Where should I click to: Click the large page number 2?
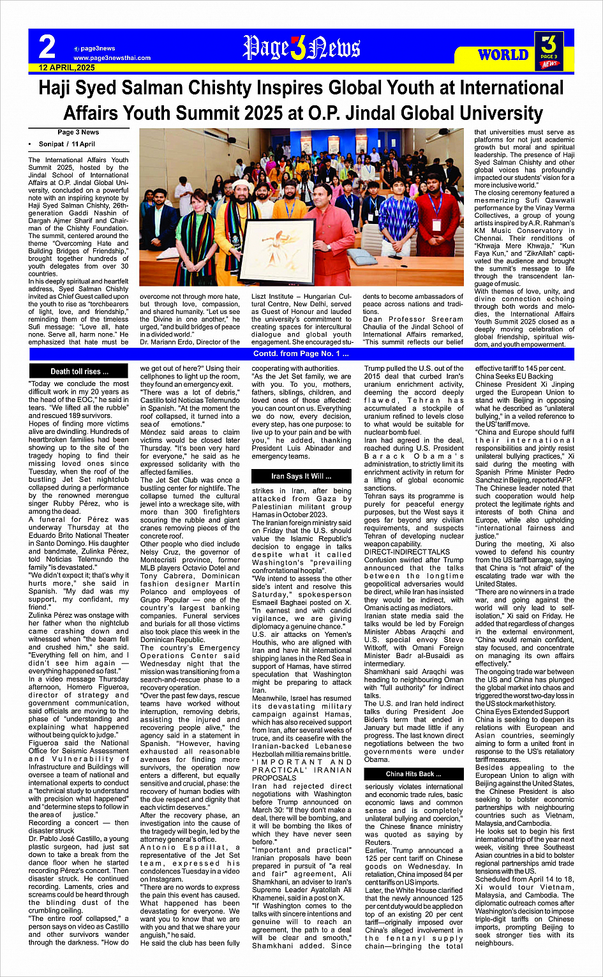click(x=47, y=48)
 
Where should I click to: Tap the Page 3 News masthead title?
click(x=301, y=48)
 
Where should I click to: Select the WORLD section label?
click(x=503, y=55)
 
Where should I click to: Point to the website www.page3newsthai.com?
click(x=112, y=58)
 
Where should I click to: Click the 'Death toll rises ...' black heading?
click(x=80, y=371)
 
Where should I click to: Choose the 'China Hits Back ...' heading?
click(x=413, y=774)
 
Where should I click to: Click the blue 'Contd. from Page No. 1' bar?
click(x=301, y=354)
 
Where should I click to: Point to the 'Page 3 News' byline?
click(x=78, y=133)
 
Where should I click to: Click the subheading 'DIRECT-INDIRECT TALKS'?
click(x=406, y=551)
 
